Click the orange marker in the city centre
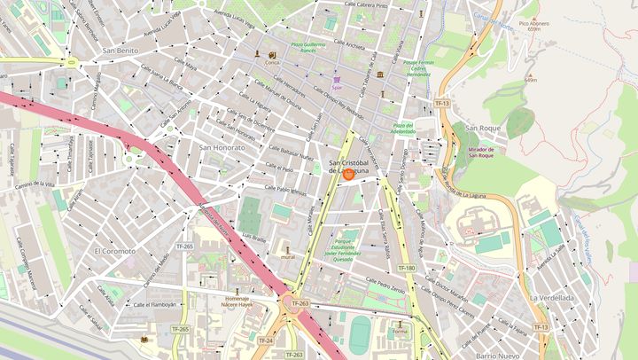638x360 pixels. pyautogui.click(x=348, y=175)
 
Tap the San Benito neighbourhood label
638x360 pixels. pyautogui.click(x=121, y=51)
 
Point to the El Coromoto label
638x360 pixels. pyautogui.click(x=115, y=251)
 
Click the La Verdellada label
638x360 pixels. pyautogui.click(x=551, y=298)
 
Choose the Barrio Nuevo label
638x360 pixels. pyautogui.click(x=496, y=355)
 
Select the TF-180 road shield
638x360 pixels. pyautogui.click(x=406, y=268)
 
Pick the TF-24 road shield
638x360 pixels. pyautogui.click(x=266, y=340)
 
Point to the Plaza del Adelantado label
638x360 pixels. pyautogui.click(x=404, y=129)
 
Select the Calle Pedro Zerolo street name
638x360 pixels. pyautogui.click(x=385, y=290)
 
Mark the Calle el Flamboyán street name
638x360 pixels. pyautogui.click(x=155, y=304)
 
